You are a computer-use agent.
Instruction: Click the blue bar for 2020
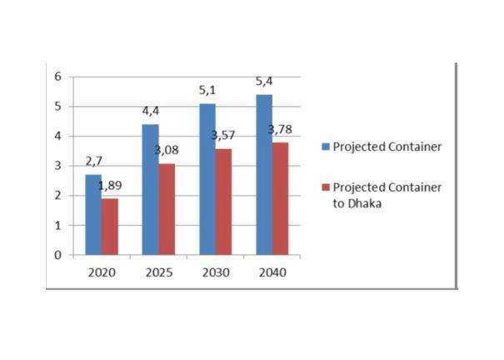point(93,215)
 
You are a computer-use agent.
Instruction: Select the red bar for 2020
point(110,227)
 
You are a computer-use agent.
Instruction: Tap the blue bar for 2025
point(151,190)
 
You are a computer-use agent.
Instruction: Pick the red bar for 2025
point(167,209)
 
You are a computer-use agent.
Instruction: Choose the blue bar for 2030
point(207,179)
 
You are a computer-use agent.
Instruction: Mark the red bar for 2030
point(224,202)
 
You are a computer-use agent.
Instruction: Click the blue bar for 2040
point(264,175)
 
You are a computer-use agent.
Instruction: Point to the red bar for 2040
point(280,198)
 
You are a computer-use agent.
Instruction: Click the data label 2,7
point(94,162)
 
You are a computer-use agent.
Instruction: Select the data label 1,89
point(110,186)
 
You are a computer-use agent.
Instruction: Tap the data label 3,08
point(167,150)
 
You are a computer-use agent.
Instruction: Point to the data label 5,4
point(264,82)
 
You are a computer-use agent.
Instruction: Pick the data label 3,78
point(280,129)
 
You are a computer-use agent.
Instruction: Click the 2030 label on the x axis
point(216,272)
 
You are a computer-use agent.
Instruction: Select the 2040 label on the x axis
point(272,272)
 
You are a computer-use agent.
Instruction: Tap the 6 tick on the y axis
point(57,77)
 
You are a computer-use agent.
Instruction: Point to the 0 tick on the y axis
point(57,255)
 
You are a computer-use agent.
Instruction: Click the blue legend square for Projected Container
point(326,147)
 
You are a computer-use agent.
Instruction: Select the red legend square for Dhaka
point(326,187)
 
